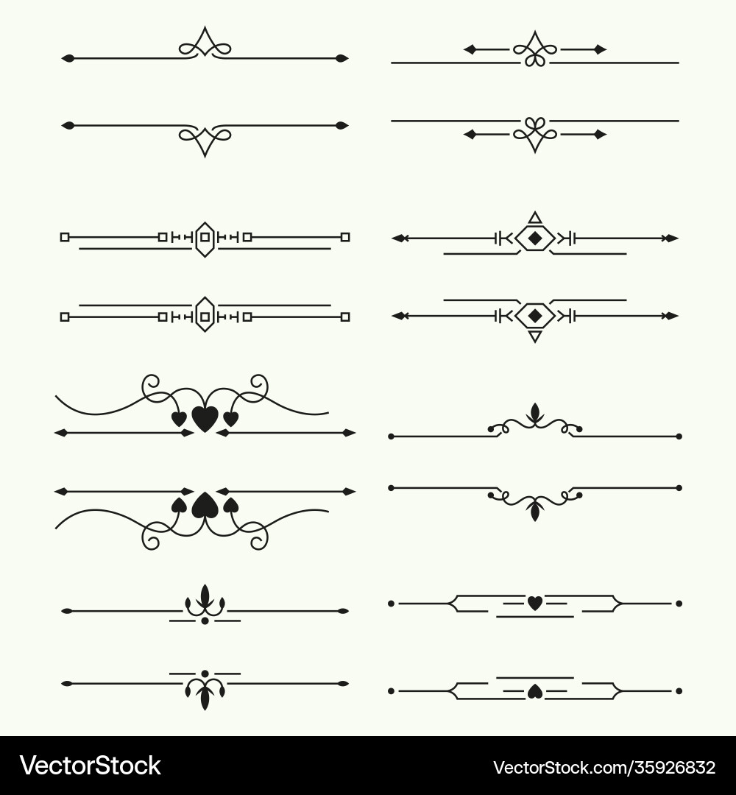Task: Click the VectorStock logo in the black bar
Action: (91, 766)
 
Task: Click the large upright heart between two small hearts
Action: (205, 419)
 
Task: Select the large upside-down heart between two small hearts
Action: (205, 505)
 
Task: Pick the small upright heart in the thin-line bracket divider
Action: (535, 603)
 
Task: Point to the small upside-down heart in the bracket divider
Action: (535, 691)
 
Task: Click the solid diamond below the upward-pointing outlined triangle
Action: (535, 238)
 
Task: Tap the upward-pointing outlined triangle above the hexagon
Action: (535, 219)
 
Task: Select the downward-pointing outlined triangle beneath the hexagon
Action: (535, 336)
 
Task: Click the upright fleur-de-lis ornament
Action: (205, 601)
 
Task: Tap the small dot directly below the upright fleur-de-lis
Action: (205, 621)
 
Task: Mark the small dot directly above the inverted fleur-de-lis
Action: (205, 674)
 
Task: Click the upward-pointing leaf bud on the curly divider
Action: (535, 413)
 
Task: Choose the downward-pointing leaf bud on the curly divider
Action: (535, 511)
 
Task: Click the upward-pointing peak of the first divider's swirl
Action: (205, 27)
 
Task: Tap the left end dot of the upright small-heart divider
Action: (391, 604)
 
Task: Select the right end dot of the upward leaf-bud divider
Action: (679, 436)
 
